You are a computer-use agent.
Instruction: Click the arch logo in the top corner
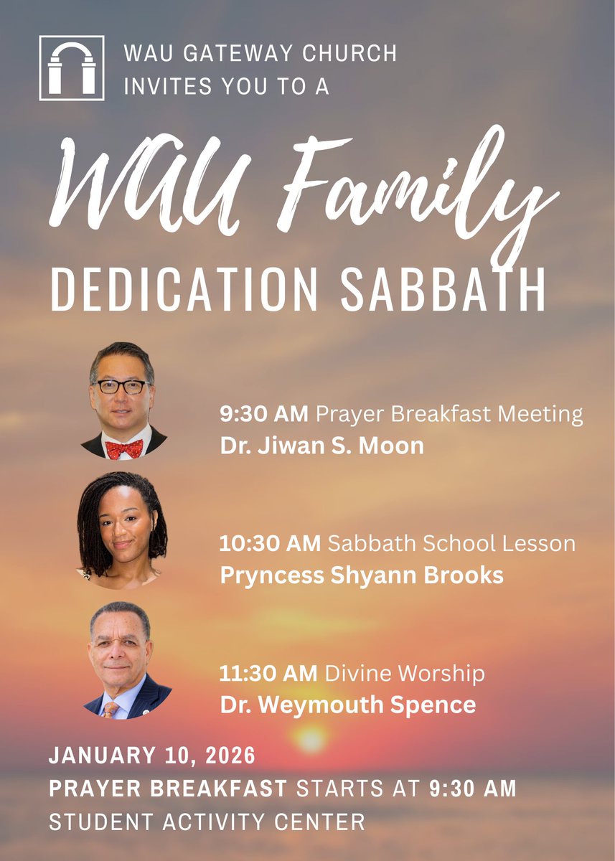[71, 67]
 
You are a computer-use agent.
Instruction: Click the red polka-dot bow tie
[123, 449]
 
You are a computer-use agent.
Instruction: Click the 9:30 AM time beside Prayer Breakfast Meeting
[264, 414]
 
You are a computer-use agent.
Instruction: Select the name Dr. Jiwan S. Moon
[321, 446]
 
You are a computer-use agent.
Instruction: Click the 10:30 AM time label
[270, 543]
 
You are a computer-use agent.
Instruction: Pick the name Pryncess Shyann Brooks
[362, 575]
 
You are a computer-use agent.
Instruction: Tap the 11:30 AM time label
[269, 674]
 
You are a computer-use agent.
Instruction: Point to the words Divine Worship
[405, 674]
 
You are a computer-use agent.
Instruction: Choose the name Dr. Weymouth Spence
[348, 705]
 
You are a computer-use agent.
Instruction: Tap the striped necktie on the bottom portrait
[110, 709]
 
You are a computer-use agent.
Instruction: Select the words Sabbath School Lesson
[451, 543]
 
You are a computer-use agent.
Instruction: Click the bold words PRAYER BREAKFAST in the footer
[168, 789]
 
